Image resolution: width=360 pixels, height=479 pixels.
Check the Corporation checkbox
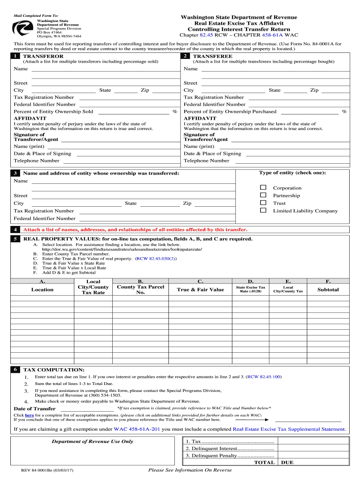263,188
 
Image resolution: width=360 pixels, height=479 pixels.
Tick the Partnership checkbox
263,195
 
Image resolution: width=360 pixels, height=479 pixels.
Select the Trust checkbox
263,203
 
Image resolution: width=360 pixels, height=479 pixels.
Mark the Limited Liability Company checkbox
263,210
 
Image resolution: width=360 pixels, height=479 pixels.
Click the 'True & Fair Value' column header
200,290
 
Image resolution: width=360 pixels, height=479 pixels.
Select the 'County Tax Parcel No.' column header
140,290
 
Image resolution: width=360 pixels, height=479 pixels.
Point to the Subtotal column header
328,290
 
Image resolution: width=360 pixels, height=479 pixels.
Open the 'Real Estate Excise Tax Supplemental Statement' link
289,429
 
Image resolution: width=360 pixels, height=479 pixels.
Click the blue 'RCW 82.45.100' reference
264,377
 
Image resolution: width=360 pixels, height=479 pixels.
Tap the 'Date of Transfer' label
35,409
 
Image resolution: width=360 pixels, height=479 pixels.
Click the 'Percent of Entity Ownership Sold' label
53,112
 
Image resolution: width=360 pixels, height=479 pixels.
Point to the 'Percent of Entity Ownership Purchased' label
230,112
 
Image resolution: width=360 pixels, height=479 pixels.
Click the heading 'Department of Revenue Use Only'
92,441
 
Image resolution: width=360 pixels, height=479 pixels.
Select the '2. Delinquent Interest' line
229,449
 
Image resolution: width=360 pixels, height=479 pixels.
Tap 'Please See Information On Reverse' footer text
189,470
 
